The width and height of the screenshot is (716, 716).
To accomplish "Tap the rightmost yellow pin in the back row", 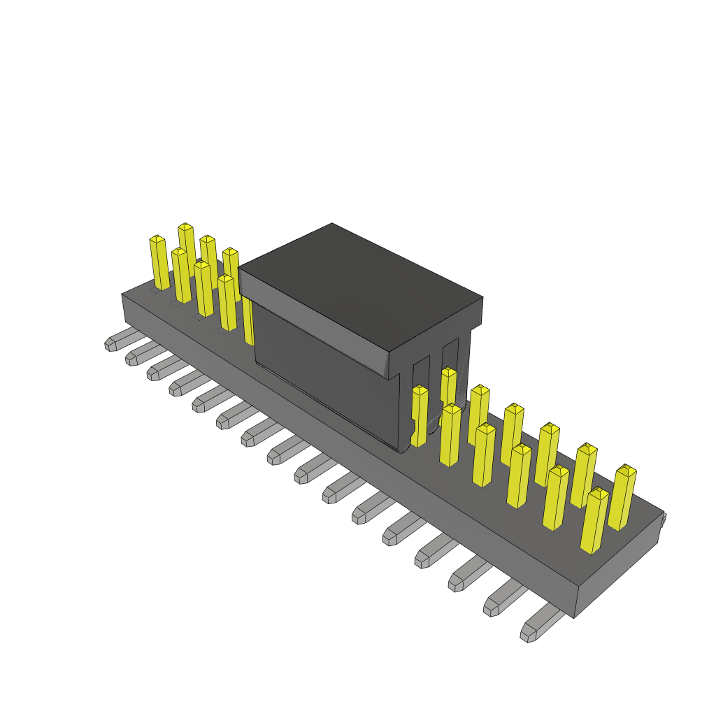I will [x=622, y=498].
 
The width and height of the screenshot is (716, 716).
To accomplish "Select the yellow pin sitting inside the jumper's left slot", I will [x=419, y=415].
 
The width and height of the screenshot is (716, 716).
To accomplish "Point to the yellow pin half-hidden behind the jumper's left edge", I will [x=248, y=322].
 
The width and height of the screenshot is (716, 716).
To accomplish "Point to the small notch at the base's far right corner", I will [x=663, y=518].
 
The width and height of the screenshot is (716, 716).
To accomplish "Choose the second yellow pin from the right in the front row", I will [x=556, y=498].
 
